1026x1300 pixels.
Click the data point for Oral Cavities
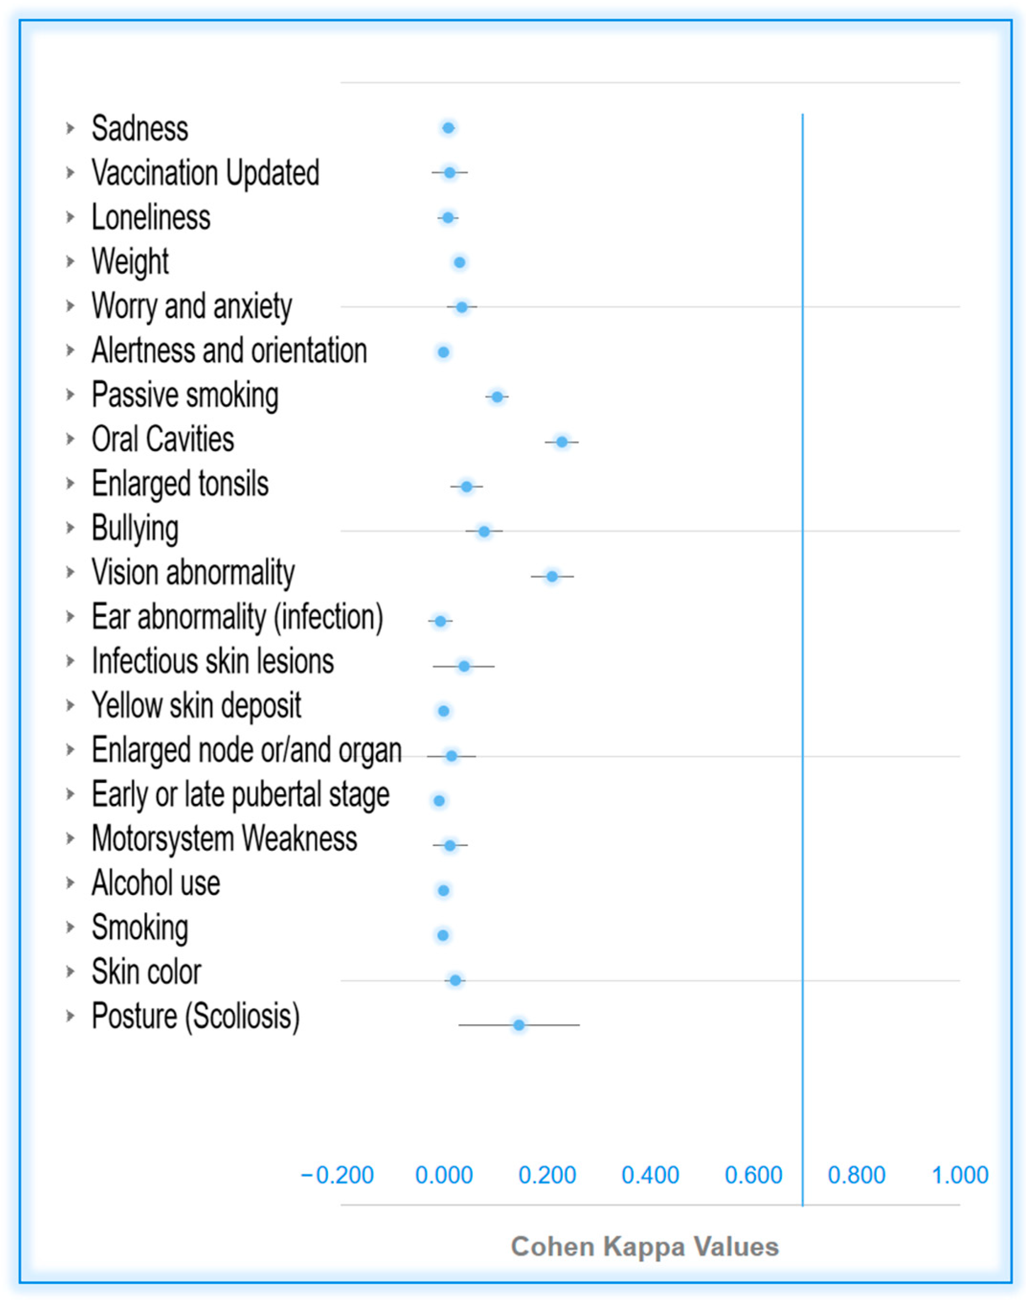[562, 442]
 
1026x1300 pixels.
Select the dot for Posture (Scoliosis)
[519, 1025]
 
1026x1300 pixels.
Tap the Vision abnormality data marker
[552, 577]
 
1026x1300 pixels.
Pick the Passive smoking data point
[497, 396]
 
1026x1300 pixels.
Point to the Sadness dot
[448, 127]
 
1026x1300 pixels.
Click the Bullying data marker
[484, 531]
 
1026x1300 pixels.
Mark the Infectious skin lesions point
[464, 666]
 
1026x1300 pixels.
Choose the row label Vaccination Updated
[205, 173]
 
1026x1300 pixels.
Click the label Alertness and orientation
[229, 350]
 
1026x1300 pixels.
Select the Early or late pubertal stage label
[240, 794]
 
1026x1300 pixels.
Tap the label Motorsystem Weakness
[224, 838]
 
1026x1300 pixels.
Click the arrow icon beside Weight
[70, 261]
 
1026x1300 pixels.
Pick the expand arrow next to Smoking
[70, 927]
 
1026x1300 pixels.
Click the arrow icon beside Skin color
[70, 972]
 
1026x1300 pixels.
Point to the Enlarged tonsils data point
[467, 486]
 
